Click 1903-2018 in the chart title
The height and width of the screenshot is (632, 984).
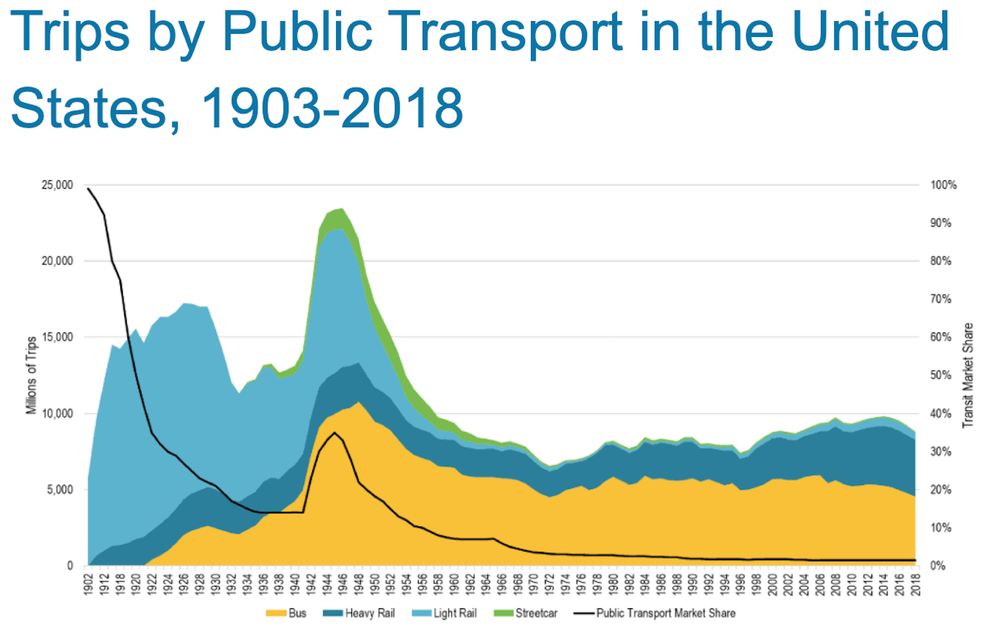pos(332,108)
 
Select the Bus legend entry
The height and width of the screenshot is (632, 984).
pos(287,613)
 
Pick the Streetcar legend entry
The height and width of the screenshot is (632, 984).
pos(526,613)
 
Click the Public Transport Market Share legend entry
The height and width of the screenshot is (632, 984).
pos(654,613)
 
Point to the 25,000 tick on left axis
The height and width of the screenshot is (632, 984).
pos(57,185)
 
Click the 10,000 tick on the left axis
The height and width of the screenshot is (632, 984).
pos(57,414)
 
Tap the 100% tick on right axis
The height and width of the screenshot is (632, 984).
pos(943,185)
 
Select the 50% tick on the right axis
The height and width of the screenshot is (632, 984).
pos(941,375)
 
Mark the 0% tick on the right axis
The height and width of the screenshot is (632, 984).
pos(938,565)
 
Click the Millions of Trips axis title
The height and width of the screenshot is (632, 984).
pos(31,375)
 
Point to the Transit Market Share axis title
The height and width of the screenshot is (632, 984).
pos(968,375)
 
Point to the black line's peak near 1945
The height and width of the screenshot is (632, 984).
pos(335,433)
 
